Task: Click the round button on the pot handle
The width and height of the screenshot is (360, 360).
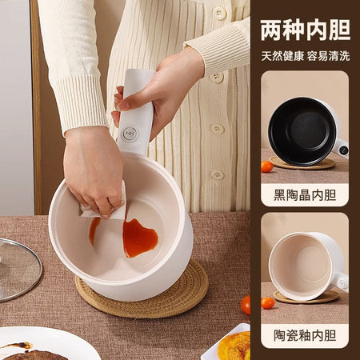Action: [x=130, y=134]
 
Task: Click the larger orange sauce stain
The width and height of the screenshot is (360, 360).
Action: [x=139, y=238]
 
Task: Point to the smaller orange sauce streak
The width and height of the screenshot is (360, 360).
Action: [x=94, y=230]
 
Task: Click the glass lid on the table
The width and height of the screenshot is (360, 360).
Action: [x=19, y=270]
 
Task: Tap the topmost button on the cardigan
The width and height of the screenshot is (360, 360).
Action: [x=220, y=14]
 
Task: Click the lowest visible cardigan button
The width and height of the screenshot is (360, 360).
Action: [x=218, y=175]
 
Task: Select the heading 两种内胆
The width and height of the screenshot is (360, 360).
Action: [x=306, y=30]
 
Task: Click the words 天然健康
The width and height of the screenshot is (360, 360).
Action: [x=282, y=56]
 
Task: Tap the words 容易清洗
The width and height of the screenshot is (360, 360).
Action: [x=328, y=56]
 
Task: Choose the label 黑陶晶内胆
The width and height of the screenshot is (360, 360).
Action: [x=305, y=195]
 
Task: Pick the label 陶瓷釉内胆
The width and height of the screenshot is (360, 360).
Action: [x=305, y=335]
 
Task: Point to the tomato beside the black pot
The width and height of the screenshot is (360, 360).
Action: [x=267, y=166]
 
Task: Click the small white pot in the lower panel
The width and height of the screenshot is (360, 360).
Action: [x=308, y=266]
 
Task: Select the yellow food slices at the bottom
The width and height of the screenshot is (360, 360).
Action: [x=234, y=346]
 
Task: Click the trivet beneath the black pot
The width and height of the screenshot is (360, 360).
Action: [x=302, y=163]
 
